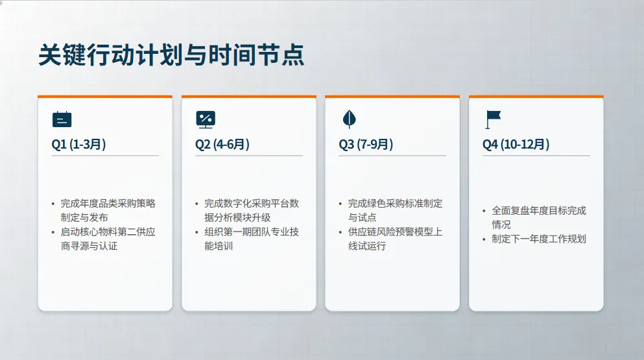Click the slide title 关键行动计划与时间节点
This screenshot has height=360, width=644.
tap(172, 54)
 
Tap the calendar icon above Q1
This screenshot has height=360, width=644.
tap(62, 119)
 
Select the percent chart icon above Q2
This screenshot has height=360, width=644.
tap(206, 119)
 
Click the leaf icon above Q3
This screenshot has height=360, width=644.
tap(349, 119)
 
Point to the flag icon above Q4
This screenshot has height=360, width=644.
tap(493, 119)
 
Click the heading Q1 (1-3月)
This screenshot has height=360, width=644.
tap(78, 144)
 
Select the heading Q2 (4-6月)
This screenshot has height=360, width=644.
tap(222, 144)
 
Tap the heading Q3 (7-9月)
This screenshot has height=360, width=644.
tap(366, 144)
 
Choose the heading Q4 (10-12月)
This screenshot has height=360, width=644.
tap(516, 144)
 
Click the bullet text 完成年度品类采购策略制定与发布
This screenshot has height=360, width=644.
tap(108, 210)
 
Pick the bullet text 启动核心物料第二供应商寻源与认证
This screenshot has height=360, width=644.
tap(108, 239)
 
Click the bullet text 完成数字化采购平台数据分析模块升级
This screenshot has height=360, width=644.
tap(252, 210)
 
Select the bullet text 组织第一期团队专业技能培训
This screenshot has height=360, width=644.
tap(252, 239)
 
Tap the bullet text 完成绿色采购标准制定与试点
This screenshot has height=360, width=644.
tap(395, 210)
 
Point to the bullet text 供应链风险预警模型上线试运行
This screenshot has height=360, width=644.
tap(395, 239)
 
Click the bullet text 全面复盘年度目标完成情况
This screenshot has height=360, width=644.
tap(539, 217)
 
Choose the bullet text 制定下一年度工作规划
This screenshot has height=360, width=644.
tap(539, 239)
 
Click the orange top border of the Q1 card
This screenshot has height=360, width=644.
tap(105, 97)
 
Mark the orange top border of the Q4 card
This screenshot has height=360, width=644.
tap(536, 97)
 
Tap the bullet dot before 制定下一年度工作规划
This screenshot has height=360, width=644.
tap(484, 239)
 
